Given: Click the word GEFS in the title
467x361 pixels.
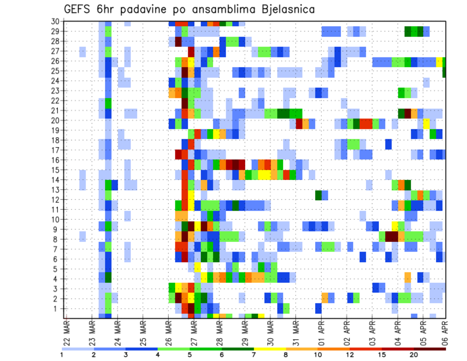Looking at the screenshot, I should point(79,9).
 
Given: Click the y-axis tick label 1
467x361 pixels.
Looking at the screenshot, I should point(56,308).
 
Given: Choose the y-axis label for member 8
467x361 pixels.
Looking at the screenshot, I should point(56,239).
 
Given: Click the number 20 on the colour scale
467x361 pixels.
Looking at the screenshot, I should point(414,355).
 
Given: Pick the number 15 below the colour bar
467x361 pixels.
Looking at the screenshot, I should point(382,355).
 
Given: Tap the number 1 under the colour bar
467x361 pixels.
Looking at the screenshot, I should point(62,355).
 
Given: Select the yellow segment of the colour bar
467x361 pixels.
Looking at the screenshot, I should point(270,349).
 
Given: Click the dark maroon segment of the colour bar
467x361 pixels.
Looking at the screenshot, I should point(430,349).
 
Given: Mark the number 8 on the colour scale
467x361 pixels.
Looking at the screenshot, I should point(286,355).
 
